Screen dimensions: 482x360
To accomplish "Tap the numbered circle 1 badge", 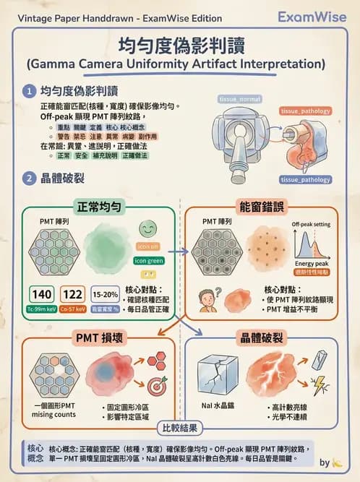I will coord(29,92).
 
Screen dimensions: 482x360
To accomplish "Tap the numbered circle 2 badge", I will coord(29,178).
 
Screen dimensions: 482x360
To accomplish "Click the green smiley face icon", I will coord(148,230).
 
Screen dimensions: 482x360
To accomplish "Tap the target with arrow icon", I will coord(158,386).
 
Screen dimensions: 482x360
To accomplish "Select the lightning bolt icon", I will coord(319,384).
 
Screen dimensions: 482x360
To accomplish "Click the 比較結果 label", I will coord(180,428).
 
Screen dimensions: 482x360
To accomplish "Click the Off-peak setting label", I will coord(312,225).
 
